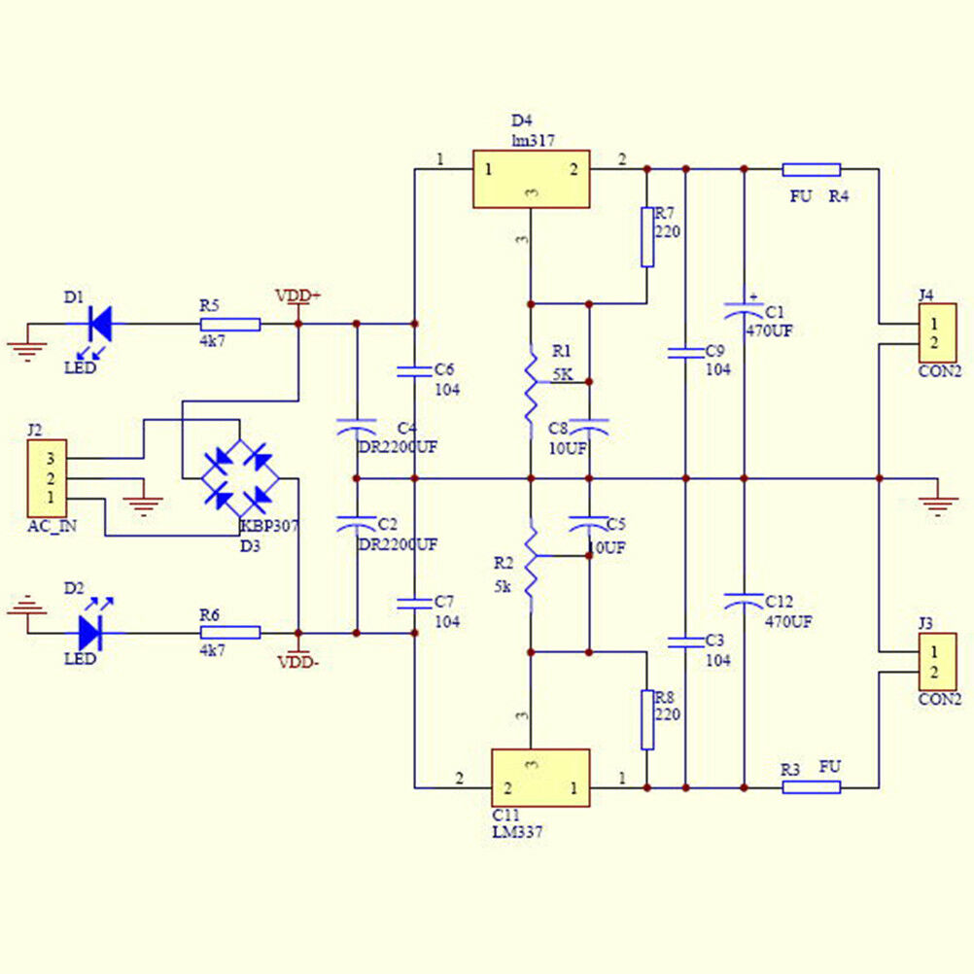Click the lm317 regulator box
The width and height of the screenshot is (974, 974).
point(531,179)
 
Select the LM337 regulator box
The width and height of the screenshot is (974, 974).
point(539,778)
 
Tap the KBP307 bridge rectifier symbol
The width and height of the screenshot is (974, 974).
point(240,477)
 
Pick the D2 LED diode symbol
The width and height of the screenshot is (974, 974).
point(90,633)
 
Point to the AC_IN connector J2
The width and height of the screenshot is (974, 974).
point(48,477)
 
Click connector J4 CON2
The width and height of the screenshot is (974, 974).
point(937,332)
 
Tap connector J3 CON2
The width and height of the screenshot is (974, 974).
point(937,662)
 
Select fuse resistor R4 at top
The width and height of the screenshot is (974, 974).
point(811,169)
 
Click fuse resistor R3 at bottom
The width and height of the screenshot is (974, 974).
point(811,786)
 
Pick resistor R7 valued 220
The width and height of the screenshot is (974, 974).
point(647,236)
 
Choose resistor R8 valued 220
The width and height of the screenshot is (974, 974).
point(647,719)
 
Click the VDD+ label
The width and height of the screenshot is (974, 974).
point(298,296)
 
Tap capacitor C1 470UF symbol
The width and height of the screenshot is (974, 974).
point(744,310)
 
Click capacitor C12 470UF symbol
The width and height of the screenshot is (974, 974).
point(744,599)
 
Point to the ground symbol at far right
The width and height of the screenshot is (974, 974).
point(937,502)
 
